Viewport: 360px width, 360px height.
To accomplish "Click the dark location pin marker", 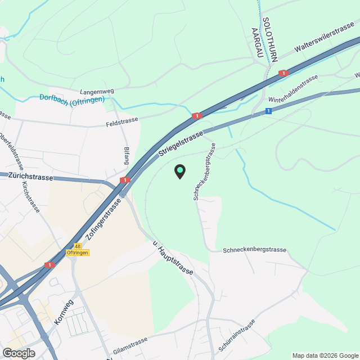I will [179, 172].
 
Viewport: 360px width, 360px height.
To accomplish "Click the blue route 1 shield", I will [269, 111].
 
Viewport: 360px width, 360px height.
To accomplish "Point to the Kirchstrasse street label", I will [30, 196].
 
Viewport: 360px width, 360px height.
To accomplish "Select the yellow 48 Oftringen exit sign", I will [78, 249].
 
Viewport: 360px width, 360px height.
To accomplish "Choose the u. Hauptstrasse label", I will [173, 258].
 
